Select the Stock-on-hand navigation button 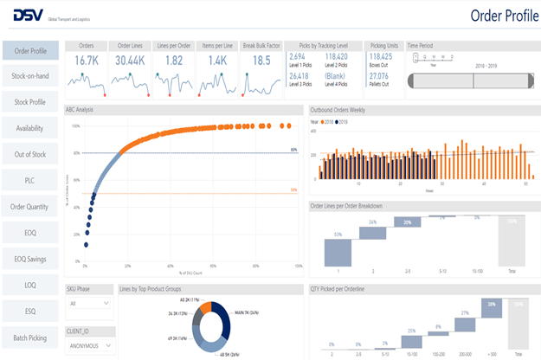pyautogui.click(x=30, y=76)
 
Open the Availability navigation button pyautogui.click(x=30, y=128)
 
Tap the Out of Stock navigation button pyautogui.click(x=30, y=154)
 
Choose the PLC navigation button pyautogui.click(x=30, y=180)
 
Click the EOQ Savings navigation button pyautogui.click(x=30, y=258)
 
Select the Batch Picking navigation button pyautogui.click(x=30, y=336)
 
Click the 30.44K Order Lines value pyautogui.click(x=130, y=61)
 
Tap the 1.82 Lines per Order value pyautogui.click(x=173, y=61)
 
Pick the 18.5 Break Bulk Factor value pyautogui.click(x=261, y=61)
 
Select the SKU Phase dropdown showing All pyautogui.click(x=88, y=304)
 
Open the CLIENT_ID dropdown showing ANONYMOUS pyautogui.click(x=88, y=344)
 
